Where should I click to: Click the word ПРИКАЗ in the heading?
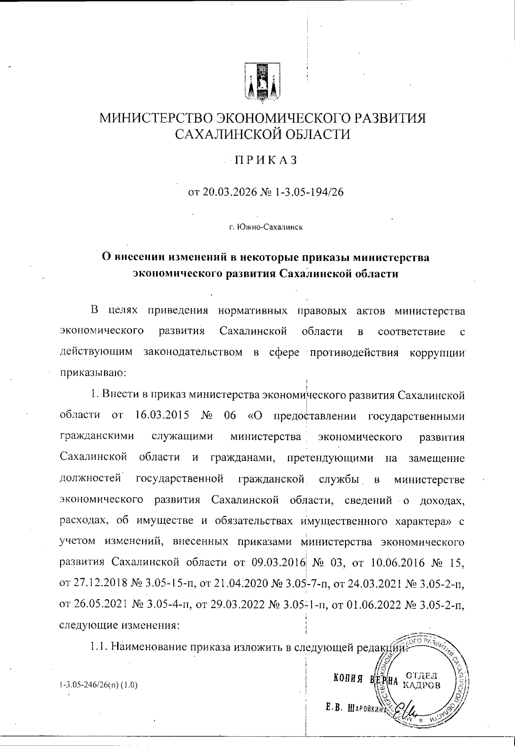[265, 160]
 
